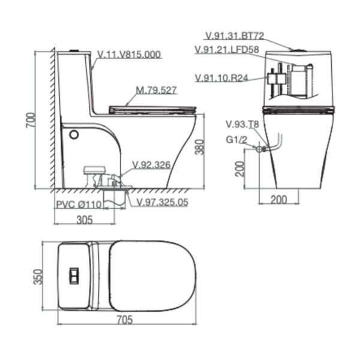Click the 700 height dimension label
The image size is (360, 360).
click(31, 120)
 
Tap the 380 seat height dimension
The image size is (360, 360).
click(200, 147)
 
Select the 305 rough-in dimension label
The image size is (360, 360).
click(85, 220)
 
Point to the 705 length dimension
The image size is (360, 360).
click(125, 320)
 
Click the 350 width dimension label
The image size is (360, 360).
click(38, 277)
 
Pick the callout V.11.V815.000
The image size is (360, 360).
click(129, 55)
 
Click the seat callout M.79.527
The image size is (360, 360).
click(157, 90)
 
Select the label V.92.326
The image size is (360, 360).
click(152, 165)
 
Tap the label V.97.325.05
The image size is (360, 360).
click(163, 202)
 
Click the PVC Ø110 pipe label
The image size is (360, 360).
click(79, 204)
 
